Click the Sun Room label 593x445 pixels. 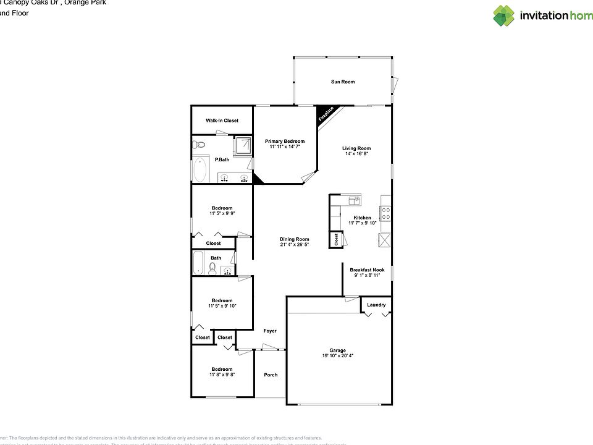(343, 82)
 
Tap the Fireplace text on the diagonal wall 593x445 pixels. (326, 115)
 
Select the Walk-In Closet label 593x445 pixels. (222, 121)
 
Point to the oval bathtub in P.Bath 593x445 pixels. (201, 170)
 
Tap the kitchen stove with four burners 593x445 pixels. (385, 214)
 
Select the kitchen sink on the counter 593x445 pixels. (354, 200)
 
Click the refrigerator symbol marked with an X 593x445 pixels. (385, 240)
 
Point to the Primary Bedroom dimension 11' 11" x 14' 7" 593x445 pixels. (285, 147)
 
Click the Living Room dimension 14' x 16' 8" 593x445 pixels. (357, 154)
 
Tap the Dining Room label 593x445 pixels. (294, 239)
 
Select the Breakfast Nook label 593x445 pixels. (367, 269)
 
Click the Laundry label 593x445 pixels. (376, 305)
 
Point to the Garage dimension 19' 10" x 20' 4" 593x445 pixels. (337, 356)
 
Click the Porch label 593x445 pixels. (271, 375)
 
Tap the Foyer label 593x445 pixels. (270, 331)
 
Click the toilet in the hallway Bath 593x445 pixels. (212, 268)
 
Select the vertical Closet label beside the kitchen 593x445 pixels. (336, 240)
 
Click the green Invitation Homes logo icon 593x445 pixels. (503, 15)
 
